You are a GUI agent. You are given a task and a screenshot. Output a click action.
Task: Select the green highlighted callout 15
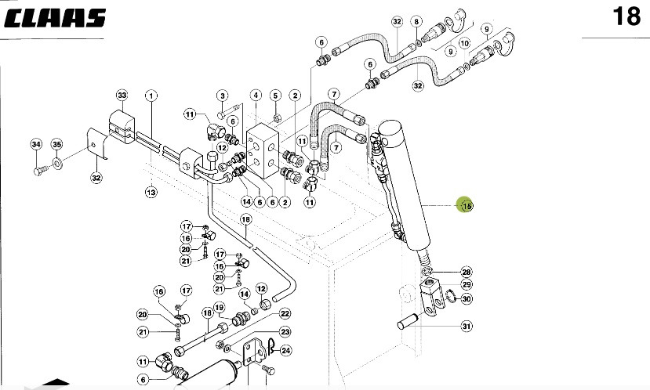tap(466, 205)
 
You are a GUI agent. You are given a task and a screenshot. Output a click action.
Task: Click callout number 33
tap(122, 96)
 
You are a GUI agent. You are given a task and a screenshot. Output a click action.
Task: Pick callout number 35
tap(56, 144)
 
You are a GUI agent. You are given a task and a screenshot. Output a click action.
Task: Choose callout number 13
tap(151, 190)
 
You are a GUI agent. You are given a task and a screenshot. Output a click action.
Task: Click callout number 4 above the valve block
tap(256, 96)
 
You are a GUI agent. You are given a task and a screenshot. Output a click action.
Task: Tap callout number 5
tap(275, 96)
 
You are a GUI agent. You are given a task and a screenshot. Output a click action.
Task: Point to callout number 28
tap(466, 271)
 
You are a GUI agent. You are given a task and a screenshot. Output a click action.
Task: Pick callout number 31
tap(466, 326)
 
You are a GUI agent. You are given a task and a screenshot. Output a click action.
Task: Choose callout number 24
tap(285, 350)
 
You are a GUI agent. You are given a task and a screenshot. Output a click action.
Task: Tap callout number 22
tap(285, 313)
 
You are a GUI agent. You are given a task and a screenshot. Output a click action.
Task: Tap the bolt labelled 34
tap(38, 167)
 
